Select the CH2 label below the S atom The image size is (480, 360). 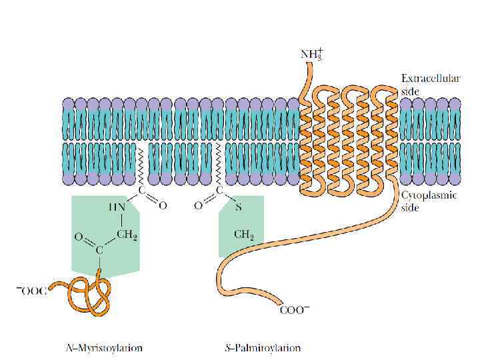[x=243, y=235]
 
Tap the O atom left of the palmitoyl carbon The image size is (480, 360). [x=198, y=206]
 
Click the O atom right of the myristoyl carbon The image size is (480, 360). [x=162, y=206]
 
